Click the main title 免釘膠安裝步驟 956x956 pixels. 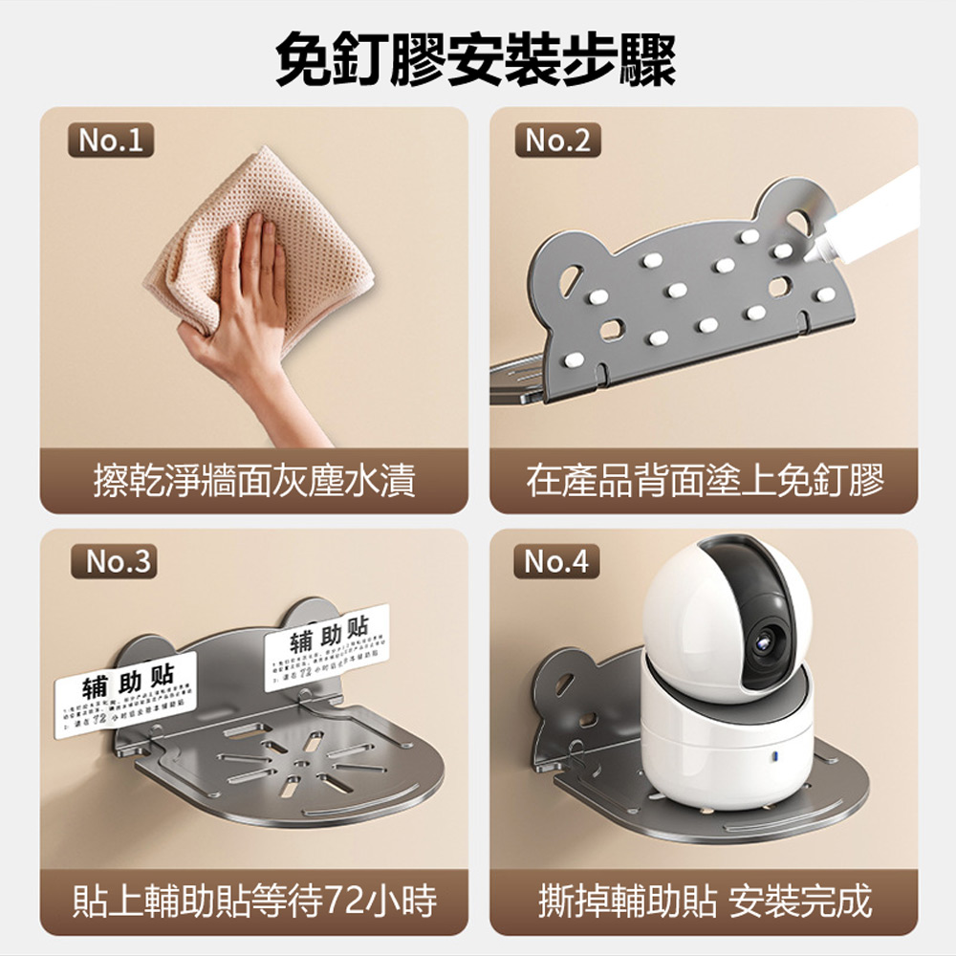475,59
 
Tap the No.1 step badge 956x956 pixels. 111,141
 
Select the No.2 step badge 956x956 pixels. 558,141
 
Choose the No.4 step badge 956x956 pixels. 558,562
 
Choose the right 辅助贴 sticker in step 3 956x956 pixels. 325,645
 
